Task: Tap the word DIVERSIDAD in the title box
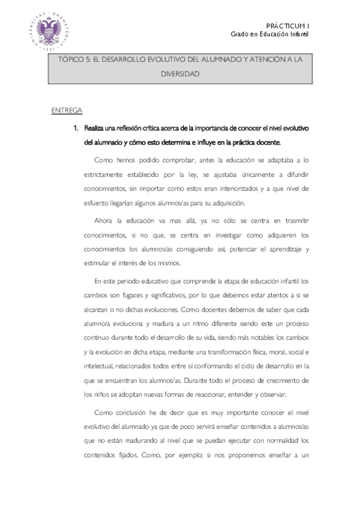pyautogui.click(x=180, y=75)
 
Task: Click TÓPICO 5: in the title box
pyautogui.click(x=75, y=61)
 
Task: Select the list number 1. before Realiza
pyautogui.click(x=76, y=128)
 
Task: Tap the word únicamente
pyautogui.click(x=248, y=175)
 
